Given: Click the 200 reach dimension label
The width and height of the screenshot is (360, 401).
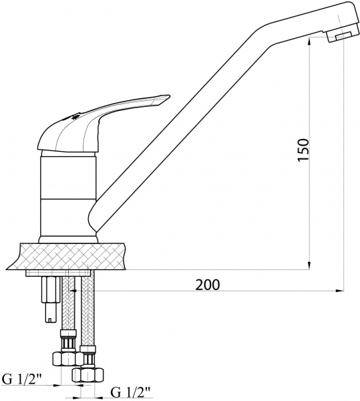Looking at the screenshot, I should click(x=209, y=283).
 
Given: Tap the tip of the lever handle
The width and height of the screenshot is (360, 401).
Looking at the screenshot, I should click(x=161, y=100).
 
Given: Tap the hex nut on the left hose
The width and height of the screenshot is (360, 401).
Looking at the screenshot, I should click(x=67, y=357).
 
